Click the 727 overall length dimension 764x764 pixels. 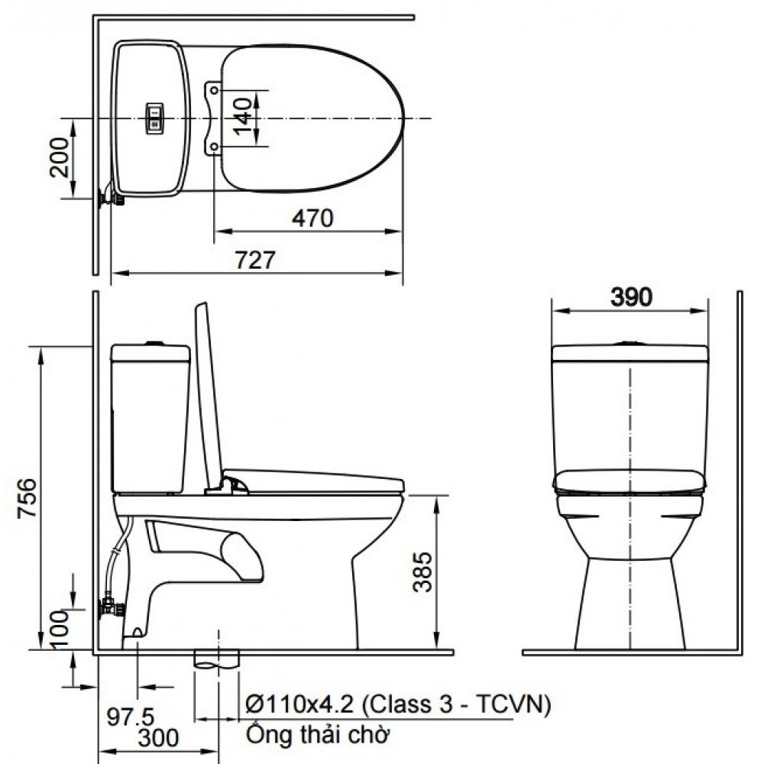point(254,260)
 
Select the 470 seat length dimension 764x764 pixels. point(312,219)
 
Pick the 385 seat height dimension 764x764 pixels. point(422,572)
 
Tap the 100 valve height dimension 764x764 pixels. point(61,624)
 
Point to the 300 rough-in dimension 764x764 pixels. point(159,738)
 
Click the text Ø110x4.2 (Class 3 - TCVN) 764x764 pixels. point(397,704)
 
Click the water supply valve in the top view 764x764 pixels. point(111,198)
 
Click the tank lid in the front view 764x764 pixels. point(630,352)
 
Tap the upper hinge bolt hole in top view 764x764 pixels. point(215,90)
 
